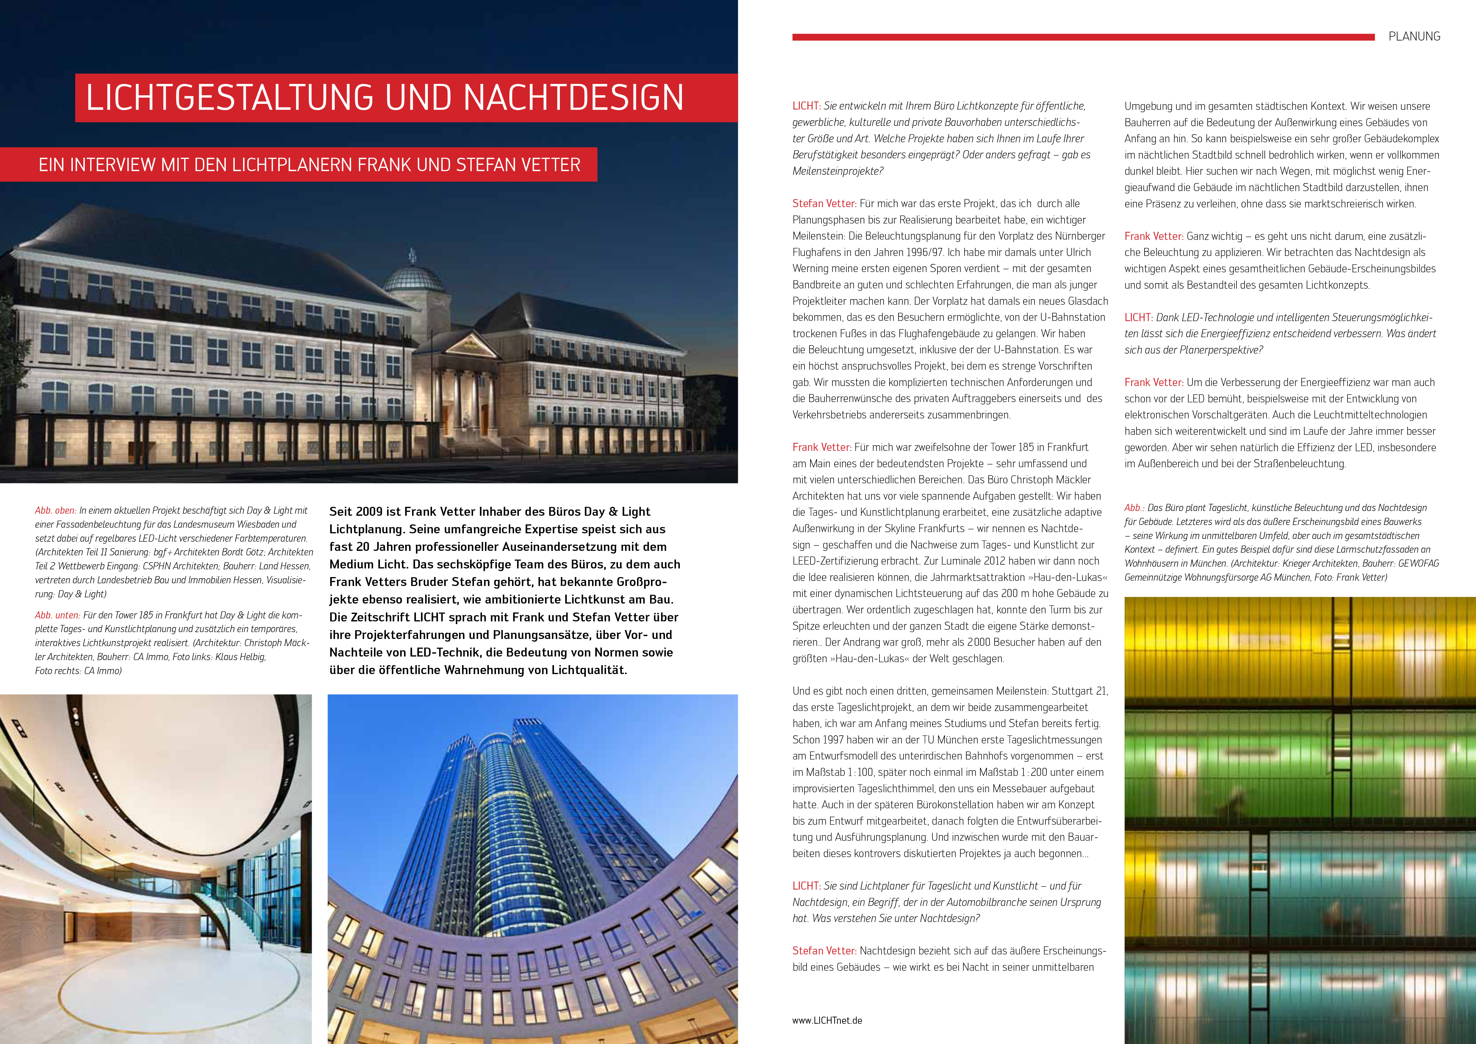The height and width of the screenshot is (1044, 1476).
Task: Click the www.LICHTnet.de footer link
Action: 827,1020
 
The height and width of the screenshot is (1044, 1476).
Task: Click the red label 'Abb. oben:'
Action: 55,510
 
